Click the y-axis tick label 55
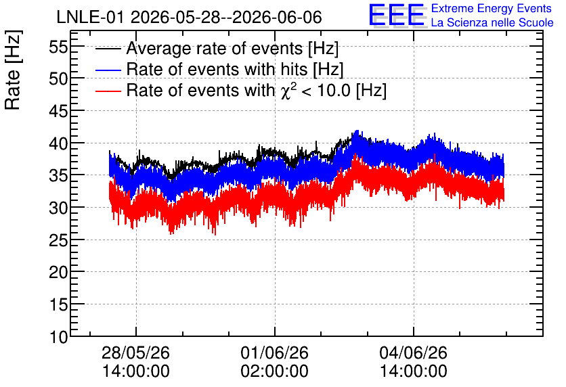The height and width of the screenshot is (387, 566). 58,47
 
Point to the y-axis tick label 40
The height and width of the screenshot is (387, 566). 58,143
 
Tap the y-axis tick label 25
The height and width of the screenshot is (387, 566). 58,240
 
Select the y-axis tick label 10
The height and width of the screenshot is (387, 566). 58,337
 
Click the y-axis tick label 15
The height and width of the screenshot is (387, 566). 58,304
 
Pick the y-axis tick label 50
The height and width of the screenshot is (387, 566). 58,79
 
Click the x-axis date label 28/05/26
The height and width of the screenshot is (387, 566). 135,352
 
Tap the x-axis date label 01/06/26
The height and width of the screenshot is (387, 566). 275,352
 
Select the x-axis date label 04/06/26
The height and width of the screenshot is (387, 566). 413,352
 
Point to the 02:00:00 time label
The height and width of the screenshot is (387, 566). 275,371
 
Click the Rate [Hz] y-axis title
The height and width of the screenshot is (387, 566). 13,70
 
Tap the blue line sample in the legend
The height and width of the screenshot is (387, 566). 108,70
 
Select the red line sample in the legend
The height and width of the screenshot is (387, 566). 108,91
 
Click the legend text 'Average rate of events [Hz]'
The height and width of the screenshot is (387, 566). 232,49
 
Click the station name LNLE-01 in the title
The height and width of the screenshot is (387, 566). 91,18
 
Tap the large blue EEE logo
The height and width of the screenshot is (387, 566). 397,15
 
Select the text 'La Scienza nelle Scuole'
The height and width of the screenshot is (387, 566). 492,23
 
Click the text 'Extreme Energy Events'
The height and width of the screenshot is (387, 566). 492,8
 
